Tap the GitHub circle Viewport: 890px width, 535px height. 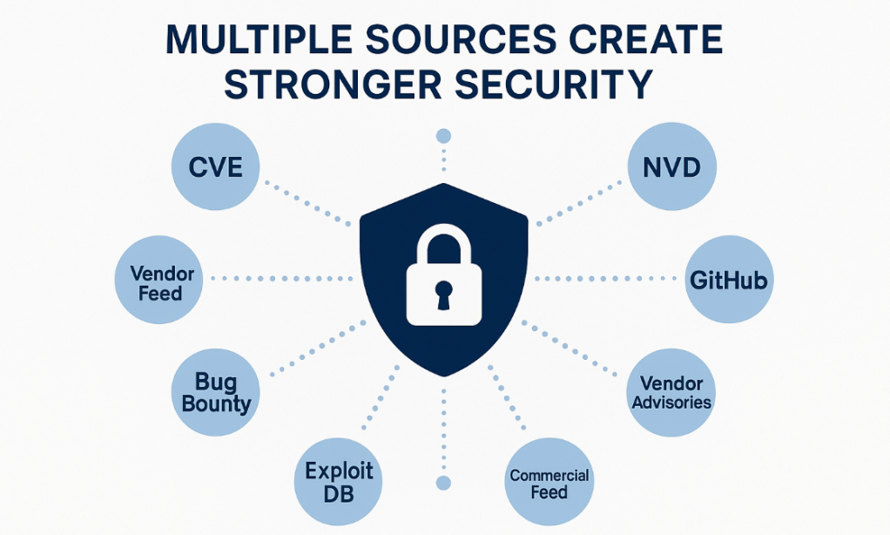click(728, 281)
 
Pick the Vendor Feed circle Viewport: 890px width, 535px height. click(161, 281)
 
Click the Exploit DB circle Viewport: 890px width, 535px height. click(339, 482)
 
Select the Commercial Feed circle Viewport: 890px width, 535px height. click(549, 484)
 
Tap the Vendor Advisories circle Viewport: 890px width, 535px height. click(671, 392)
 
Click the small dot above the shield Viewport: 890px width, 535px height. click(444, 136)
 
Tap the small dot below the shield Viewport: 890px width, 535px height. click(444, 482)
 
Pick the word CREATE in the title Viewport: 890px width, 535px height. click(646, 42)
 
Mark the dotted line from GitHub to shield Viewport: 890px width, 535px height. click(605, 279)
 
